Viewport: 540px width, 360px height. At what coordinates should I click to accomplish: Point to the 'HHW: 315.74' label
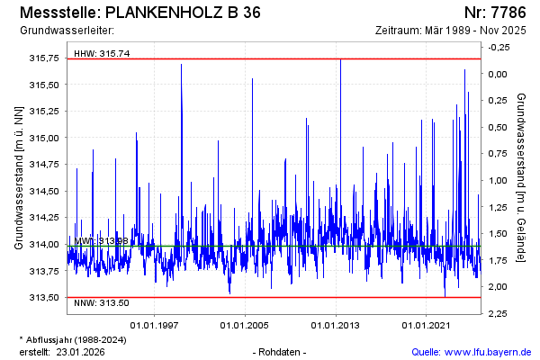[102, 53]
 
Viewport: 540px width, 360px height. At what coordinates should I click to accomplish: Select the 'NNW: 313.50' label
[102, 302]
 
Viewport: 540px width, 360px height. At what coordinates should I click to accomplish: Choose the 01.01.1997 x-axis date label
[154, 325]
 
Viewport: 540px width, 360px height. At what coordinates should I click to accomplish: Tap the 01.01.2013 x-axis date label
[336, 325]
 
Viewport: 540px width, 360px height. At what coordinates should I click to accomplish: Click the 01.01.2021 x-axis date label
[427, 325]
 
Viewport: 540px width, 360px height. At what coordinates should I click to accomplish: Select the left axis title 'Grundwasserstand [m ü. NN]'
[18, 178]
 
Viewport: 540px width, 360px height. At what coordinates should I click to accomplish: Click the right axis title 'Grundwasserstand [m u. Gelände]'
[522, 178]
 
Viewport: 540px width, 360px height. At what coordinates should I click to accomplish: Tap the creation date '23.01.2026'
[83, 351]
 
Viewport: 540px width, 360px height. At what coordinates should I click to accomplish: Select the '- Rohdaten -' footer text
[281, 351]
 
